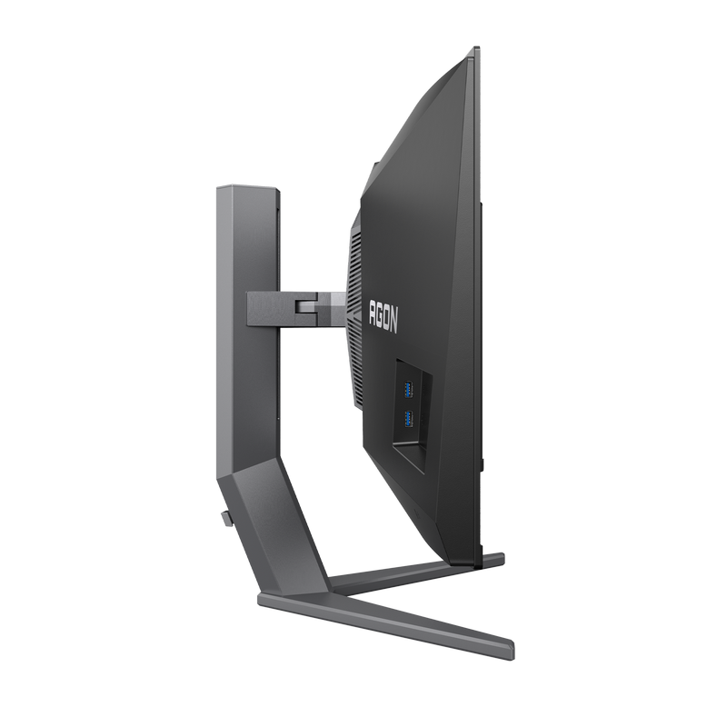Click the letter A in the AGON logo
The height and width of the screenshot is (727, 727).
pos(371,312)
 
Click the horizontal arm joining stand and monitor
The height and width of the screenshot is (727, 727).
pos(282,306)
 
